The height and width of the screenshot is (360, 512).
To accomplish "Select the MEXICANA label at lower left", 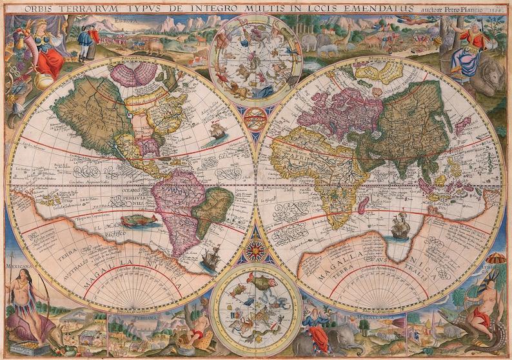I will coord(18,264).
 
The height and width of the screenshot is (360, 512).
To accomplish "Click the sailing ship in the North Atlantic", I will coord(217,132).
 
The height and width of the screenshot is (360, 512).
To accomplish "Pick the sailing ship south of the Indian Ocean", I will coord(400,227).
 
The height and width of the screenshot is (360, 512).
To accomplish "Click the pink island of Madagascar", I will coord(364,206).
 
